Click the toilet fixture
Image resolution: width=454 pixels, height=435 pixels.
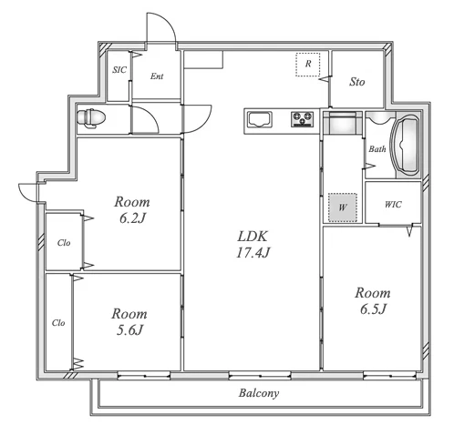click(91, 117)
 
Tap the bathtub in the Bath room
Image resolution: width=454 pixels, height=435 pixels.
click(406, 146)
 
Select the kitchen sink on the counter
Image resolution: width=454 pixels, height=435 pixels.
click(260, 119)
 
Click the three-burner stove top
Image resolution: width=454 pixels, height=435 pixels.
click(302, 119)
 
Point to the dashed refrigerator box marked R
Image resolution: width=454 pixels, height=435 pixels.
click(308, 65)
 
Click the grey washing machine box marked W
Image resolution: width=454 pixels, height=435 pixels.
click(343, 207)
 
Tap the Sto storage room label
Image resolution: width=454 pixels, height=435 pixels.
click(356, 82)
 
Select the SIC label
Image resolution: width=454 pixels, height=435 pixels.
click(119, 70)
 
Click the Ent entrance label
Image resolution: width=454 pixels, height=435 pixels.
click(157, 76)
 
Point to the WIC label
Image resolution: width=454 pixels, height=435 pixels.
click(393, 205)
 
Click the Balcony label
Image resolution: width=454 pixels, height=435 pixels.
click(259, 393)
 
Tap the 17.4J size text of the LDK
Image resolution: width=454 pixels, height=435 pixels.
click(253, 252)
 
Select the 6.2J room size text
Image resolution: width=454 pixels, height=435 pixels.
click(133, 217)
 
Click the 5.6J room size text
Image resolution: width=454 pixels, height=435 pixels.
click(129, 329)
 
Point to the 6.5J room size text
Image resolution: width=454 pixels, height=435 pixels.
click(373, 309)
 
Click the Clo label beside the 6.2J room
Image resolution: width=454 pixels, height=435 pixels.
click(64, 243)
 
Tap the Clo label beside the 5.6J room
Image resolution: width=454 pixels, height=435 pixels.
click(58, 323)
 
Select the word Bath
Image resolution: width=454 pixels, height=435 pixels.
click(377, 149)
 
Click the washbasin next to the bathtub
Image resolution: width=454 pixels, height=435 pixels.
click(380, 118)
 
